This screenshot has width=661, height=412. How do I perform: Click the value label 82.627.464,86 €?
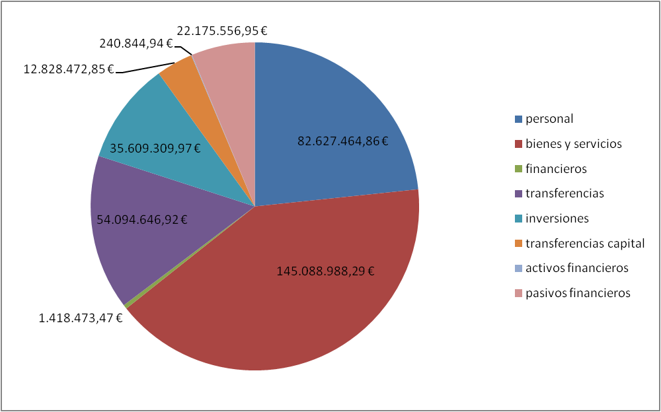[342, 141]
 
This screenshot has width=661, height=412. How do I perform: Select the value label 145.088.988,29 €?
[325, 271]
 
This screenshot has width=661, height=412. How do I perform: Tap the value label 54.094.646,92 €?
[142, 219]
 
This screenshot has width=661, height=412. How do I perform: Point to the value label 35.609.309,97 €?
[155, 149]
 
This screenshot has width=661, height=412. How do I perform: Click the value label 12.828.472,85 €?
[69, 69]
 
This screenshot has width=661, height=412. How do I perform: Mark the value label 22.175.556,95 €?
[221, 31]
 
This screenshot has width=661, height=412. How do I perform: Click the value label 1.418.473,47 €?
[81, 318]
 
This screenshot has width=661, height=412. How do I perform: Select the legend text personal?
[549, 120]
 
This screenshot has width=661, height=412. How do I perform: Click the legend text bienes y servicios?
[574, 144]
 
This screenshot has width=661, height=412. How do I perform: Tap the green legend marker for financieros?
[518, 169]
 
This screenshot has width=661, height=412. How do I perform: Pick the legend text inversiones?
[557, 219]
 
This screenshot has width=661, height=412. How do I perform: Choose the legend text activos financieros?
[577, 268]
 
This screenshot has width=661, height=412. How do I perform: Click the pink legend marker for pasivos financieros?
[518, 293]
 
